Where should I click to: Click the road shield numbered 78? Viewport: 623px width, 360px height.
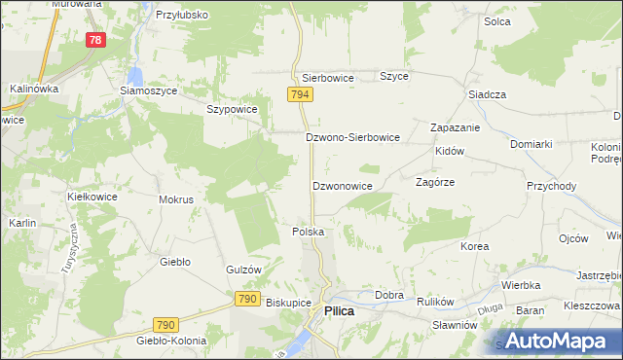point(95,40)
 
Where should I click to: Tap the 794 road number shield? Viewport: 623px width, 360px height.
point(299,93)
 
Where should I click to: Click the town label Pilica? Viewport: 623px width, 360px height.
point(339,310)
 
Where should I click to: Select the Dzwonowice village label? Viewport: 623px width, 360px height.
point(342,185)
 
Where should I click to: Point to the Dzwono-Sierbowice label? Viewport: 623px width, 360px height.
point(352,138)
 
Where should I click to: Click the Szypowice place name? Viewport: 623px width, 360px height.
point(232,110)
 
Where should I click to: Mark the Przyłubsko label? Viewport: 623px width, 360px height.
point(182,17)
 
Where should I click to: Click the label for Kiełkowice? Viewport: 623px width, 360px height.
point(92,197)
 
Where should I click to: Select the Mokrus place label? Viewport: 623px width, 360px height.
point(176,199)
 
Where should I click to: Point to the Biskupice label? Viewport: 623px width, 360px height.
point(287,303)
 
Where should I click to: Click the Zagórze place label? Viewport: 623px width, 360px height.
point(436,182)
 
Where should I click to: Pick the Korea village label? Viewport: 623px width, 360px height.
point(475,247)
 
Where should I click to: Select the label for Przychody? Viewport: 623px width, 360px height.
point(552,186)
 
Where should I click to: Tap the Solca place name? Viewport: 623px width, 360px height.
point(497,19)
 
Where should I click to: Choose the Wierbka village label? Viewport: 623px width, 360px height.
point(522,286)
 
